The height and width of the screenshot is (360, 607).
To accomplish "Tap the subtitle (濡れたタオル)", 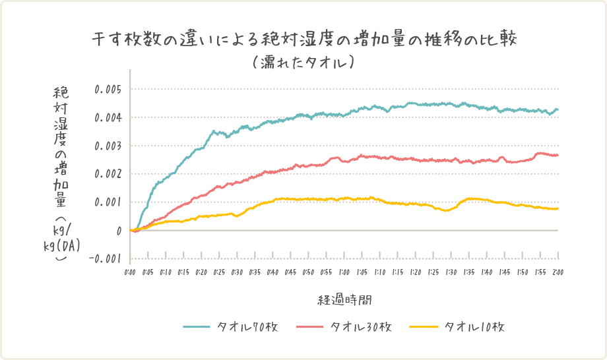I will [304, 63].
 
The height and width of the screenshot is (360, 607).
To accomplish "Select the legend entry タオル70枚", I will [247, 327].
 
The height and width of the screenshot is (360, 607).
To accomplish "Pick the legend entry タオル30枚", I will [361, 327].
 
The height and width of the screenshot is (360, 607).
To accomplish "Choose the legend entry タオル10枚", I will [474, 327].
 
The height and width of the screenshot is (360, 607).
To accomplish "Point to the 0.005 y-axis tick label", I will [108, 89].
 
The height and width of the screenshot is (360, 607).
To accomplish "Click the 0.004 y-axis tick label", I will [108, 117].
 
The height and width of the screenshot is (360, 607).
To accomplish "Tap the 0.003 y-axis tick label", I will [108, 146].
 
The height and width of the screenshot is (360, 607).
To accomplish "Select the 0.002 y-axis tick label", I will [108, 174].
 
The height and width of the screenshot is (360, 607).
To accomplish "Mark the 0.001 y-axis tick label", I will [108, 202].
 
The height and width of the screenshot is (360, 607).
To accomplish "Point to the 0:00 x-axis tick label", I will [130, 272].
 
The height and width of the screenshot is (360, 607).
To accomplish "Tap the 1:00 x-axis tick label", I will [344, 272].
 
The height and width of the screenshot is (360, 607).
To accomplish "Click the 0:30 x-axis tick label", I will [237, 272].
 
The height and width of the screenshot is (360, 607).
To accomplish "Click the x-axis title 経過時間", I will [344, 300].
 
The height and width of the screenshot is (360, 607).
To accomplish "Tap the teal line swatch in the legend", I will [197, 327].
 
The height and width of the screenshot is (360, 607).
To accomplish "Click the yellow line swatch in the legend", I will [424, 327].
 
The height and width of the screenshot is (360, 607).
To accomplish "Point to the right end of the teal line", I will [558, 109].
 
